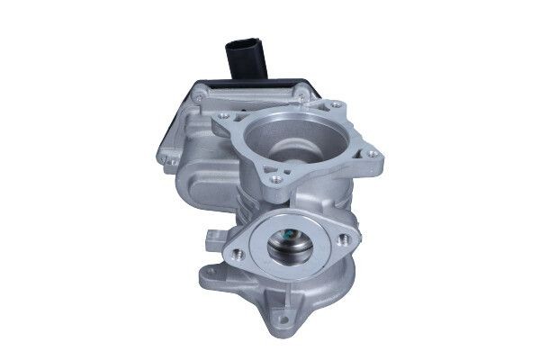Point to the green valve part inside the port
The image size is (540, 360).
(289, 236)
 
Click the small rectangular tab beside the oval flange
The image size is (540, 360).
(215, 238)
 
